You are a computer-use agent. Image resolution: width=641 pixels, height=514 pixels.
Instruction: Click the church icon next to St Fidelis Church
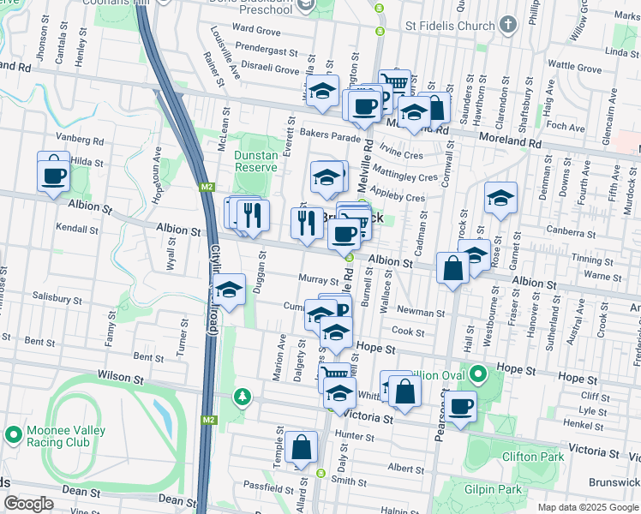click(x=508, y=25)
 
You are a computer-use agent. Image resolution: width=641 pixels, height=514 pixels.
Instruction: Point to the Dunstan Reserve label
click(x=257, y=161)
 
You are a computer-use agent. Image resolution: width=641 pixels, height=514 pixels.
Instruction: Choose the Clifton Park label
click(x=532, y=457)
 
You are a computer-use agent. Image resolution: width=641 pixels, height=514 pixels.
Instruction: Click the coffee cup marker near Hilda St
click(x=54, y=174)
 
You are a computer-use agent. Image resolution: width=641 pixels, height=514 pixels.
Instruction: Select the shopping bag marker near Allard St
click(x=301, y=448)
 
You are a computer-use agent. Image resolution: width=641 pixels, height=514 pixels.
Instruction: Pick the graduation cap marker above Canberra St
click(x=500, y=200)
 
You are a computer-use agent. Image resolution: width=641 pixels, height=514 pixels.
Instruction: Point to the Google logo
click(x=28, y=504)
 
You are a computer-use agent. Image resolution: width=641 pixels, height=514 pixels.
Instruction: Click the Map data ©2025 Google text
click(x=588, y=507)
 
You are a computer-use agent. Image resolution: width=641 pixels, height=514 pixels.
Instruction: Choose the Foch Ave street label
click(x=565, y=127)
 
